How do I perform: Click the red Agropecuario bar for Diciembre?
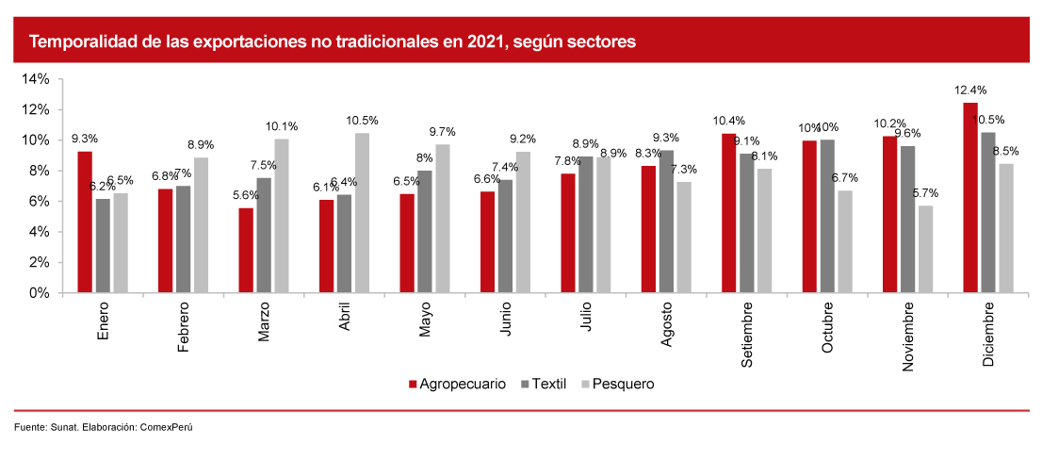[x=969, y=198]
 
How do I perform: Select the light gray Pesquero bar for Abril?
[x=363, y=213]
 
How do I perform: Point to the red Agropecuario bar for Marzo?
[x=246, y=250]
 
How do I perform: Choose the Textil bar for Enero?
[x=103, y=246]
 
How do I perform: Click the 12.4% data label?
[x=969, y=90]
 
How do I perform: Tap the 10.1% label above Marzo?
[x=282, y=126]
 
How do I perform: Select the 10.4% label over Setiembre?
[x=728, y=121]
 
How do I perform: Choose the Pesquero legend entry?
[x=617, y=384]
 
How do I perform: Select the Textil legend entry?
[x=547, y=384]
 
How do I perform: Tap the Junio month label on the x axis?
[x=505, y=321]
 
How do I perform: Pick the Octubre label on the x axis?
[x=827, y=328]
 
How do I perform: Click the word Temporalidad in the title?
[x=76, y=42]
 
